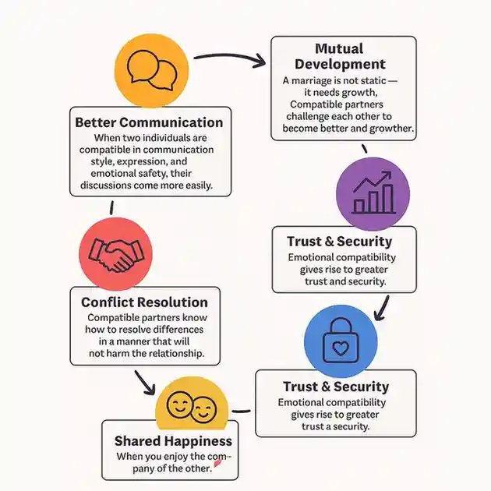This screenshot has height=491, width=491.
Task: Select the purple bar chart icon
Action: pos(373,193)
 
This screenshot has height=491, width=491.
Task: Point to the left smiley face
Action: pos(180,406)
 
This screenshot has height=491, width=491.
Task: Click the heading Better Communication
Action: pos(149,122)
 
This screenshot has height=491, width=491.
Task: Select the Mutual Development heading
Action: pos(340,56)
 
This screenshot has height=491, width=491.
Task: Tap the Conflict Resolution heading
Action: pos(144,302)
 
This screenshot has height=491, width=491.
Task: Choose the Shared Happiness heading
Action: pos(173,441)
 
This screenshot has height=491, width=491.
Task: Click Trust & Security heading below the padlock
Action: pos(336,387)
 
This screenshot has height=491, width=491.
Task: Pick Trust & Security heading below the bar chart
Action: pos(339,242)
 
